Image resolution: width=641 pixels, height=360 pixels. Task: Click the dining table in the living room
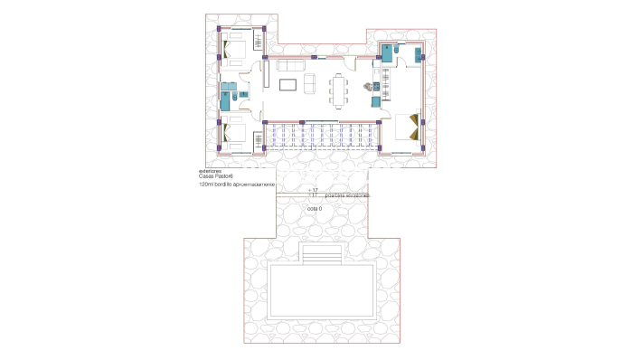point(339,91)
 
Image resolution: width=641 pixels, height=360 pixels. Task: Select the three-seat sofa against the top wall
point(289,67)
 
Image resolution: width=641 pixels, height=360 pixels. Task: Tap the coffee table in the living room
point(288,85)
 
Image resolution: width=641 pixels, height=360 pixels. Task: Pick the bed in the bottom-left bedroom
point(237,134)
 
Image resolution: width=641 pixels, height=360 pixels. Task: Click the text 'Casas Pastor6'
point(216,176)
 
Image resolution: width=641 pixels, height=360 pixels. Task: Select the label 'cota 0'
point(315,209)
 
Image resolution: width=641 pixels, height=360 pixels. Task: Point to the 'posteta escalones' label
point(347,194)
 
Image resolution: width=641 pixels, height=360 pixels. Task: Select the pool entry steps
point(321,256)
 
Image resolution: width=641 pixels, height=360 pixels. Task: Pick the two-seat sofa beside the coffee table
point(310,84)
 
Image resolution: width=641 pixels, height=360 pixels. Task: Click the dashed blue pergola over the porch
point(321,136)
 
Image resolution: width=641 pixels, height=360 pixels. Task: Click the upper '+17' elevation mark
point(313,189)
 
